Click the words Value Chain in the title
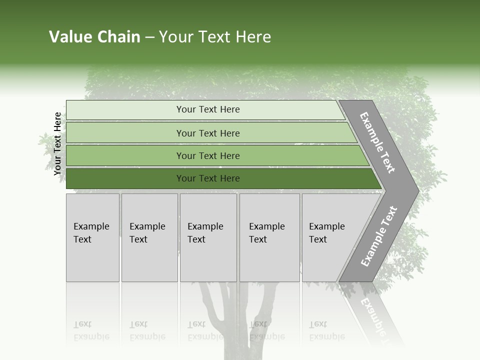[x=94, y=37]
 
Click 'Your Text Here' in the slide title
[x=215, y=37]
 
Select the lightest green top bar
[x=125, y=109]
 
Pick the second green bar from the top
[x=125, y=133]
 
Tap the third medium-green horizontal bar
[x=125, y=155]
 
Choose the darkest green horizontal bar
[x=125, y=178]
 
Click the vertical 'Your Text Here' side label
[x=57, y=143]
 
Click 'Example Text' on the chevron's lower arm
[x=378, y=236]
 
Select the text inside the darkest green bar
[x=208, y=178]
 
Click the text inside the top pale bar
[x=208, y=109]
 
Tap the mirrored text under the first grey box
[x=91, y=330]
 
